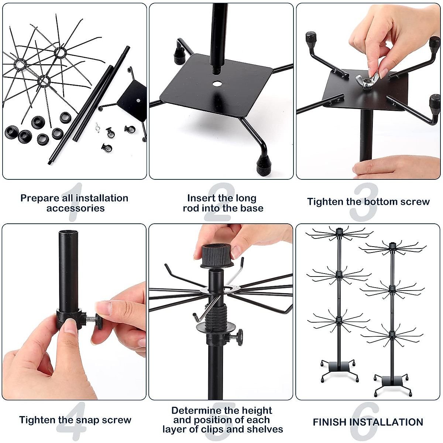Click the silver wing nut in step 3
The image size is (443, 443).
[367, 81]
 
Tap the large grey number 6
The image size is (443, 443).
[369, 421]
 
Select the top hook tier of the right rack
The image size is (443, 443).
[392, 247]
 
